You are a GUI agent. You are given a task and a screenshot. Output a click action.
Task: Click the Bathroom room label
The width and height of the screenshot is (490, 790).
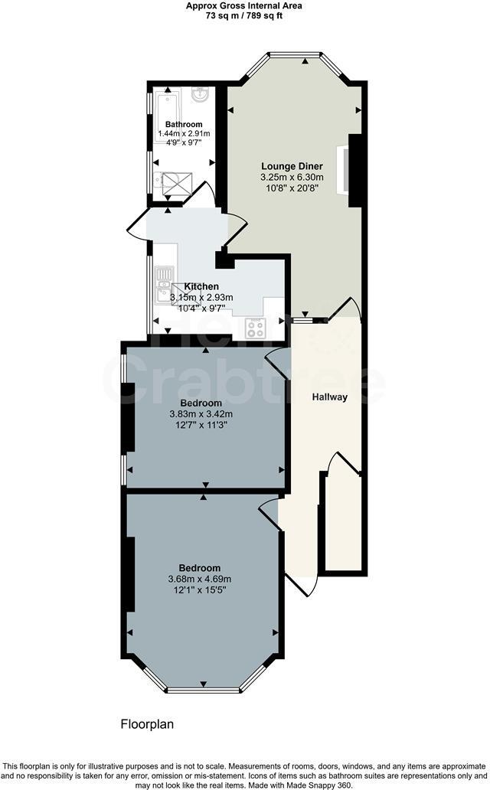click(184, 124)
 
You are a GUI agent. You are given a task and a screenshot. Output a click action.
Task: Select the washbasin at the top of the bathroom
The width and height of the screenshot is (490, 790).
click(201, 95)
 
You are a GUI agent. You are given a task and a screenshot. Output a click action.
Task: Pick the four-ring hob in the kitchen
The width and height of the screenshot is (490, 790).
click(255, 328)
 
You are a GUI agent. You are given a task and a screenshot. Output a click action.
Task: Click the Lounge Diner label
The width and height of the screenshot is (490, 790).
click(292, 166)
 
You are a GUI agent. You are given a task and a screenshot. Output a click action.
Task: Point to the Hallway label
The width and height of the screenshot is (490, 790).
click(329, 397)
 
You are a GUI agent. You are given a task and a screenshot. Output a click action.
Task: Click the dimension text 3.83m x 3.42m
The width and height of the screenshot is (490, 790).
click(201, 414)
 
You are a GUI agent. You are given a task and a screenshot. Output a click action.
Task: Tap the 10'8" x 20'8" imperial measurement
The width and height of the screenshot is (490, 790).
click(292, 188)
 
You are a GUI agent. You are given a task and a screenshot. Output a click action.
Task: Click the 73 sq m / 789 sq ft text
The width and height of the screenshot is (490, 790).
click(244, 15)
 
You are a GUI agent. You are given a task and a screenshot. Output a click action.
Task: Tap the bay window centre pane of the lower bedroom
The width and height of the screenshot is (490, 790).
click(203, 690)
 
